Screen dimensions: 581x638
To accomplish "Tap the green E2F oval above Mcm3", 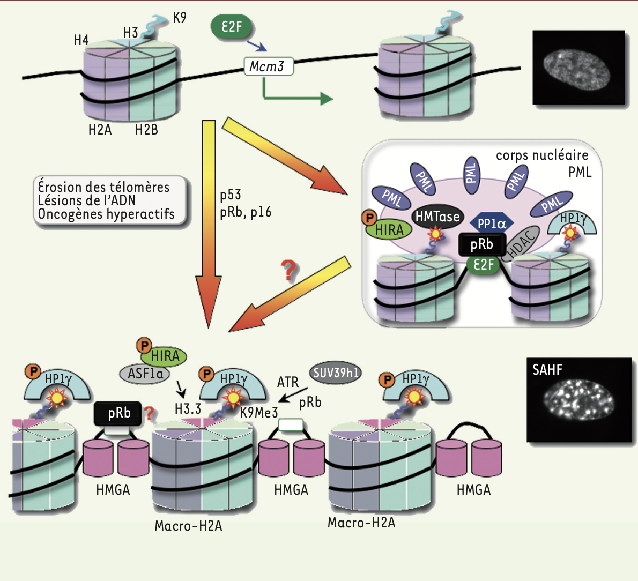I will (x=231, y=26).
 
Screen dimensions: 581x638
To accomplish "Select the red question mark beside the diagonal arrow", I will (x=289, y=271).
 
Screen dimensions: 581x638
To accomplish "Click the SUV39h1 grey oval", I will (x=336, y=373).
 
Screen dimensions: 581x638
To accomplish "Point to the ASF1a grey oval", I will (x=145, y=373).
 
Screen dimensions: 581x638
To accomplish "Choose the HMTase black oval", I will (x=437, y=217).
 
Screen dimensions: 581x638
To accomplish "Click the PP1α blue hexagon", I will (x=492, y=224).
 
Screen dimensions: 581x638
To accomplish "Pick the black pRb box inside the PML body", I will (x=481, y=244).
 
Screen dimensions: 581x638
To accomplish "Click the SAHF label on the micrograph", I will (x=547, y=369).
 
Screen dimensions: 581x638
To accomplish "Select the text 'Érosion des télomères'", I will (x=103, y=187).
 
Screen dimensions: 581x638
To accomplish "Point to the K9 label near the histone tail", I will (x=180, y=18).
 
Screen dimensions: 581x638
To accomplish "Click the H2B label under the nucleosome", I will (x=146, y=130).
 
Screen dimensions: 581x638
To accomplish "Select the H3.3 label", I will (x=188, y=409).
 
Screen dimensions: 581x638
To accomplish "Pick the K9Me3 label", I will (x=259, y=412).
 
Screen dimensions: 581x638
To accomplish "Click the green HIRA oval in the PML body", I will (x=389, y=230).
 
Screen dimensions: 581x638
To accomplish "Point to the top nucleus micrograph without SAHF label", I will (x=578, y=68).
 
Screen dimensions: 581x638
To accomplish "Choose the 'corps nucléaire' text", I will (x=542, y=155).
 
